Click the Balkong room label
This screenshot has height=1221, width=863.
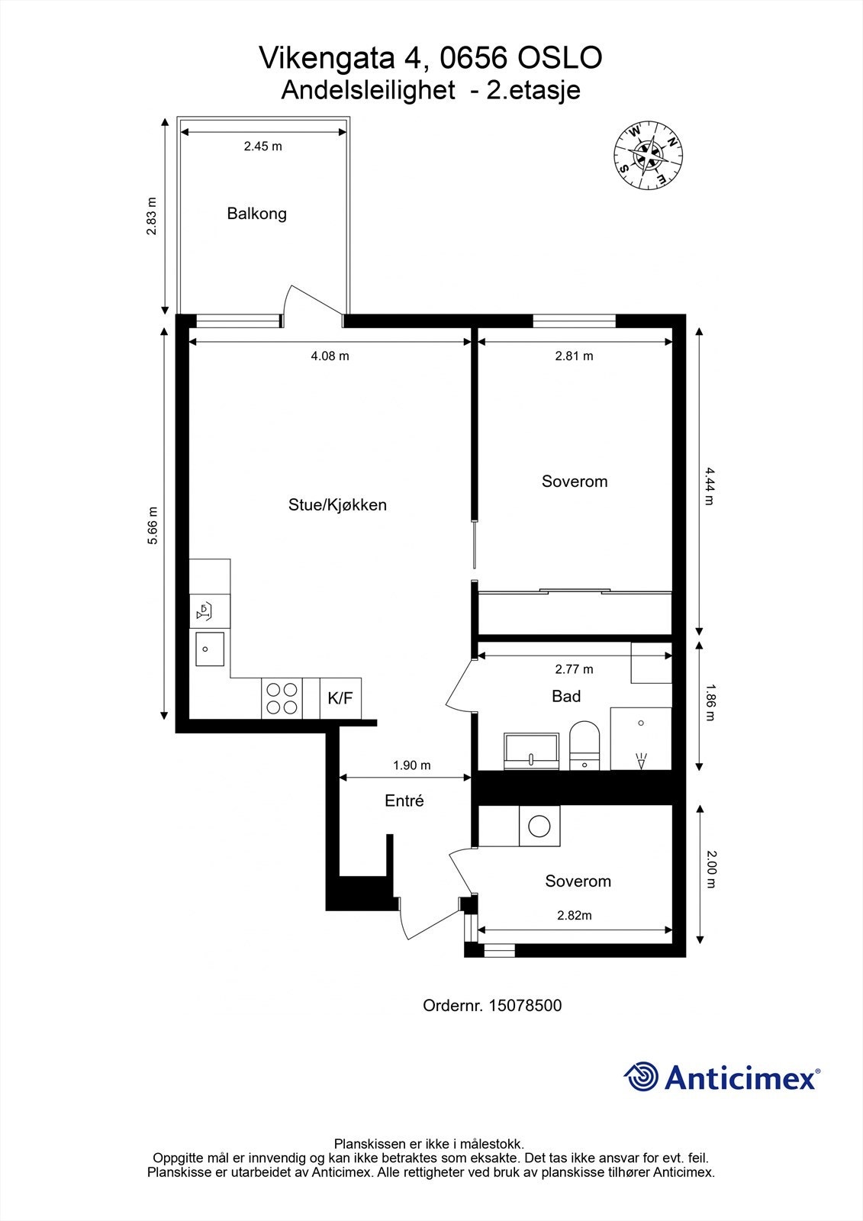point(256,214)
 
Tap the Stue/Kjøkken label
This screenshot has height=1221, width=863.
point(337,505)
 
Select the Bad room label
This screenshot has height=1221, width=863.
point(566,696)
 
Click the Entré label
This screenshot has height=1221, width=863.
point(404,801)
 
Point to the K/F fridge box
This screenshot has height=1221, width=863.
point(340,697)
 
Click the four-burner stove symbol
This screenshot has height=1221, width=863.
point(281,697)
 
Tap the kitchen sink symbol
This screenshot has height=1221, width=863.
point(209,649)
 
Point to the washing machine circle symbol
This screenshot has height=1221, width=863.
point(540,826)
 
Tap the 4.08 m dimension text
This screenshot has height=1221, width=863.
point(330,356)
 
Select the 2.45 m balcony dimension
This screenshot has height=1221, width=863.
point(262,147)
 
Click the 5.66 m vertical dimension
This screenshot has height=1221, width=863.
point(153,525)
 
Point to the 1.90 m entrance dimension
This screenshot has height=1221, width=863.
point(412,765)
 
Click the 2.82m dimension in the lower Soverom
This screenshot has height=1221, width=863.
point(575,916)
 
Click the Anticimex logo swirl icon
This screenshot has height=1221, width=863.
point(641,1077)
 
